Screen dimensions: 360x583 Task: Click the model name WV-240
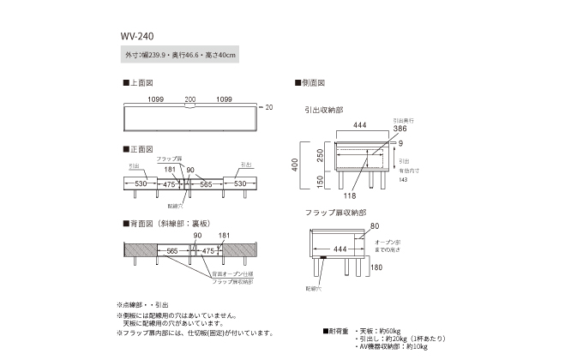(x=136, y=37)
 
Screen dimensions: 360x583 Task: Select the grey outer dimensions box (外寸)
(x=180, y=55)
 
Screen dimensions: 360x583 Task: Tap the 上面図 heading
(x=138, y=84)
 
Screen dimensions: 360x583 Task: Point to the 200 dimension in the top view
(x=189, y=99)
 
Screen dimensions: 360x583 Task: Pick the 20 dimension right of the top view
(x=268, y=108)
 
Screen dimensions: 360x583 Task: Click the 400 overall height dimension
(x=294, y=165)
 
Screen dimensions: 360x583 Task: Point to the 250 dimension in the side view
(x=319, y=154)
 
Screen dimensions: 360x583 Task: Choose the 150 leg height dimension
(x=319, y=183)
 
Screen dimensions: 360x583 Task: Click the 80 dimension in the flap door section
(x=374, y=226)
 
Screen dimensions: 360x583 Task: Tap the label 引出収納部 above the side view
(x=323, y=111)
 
